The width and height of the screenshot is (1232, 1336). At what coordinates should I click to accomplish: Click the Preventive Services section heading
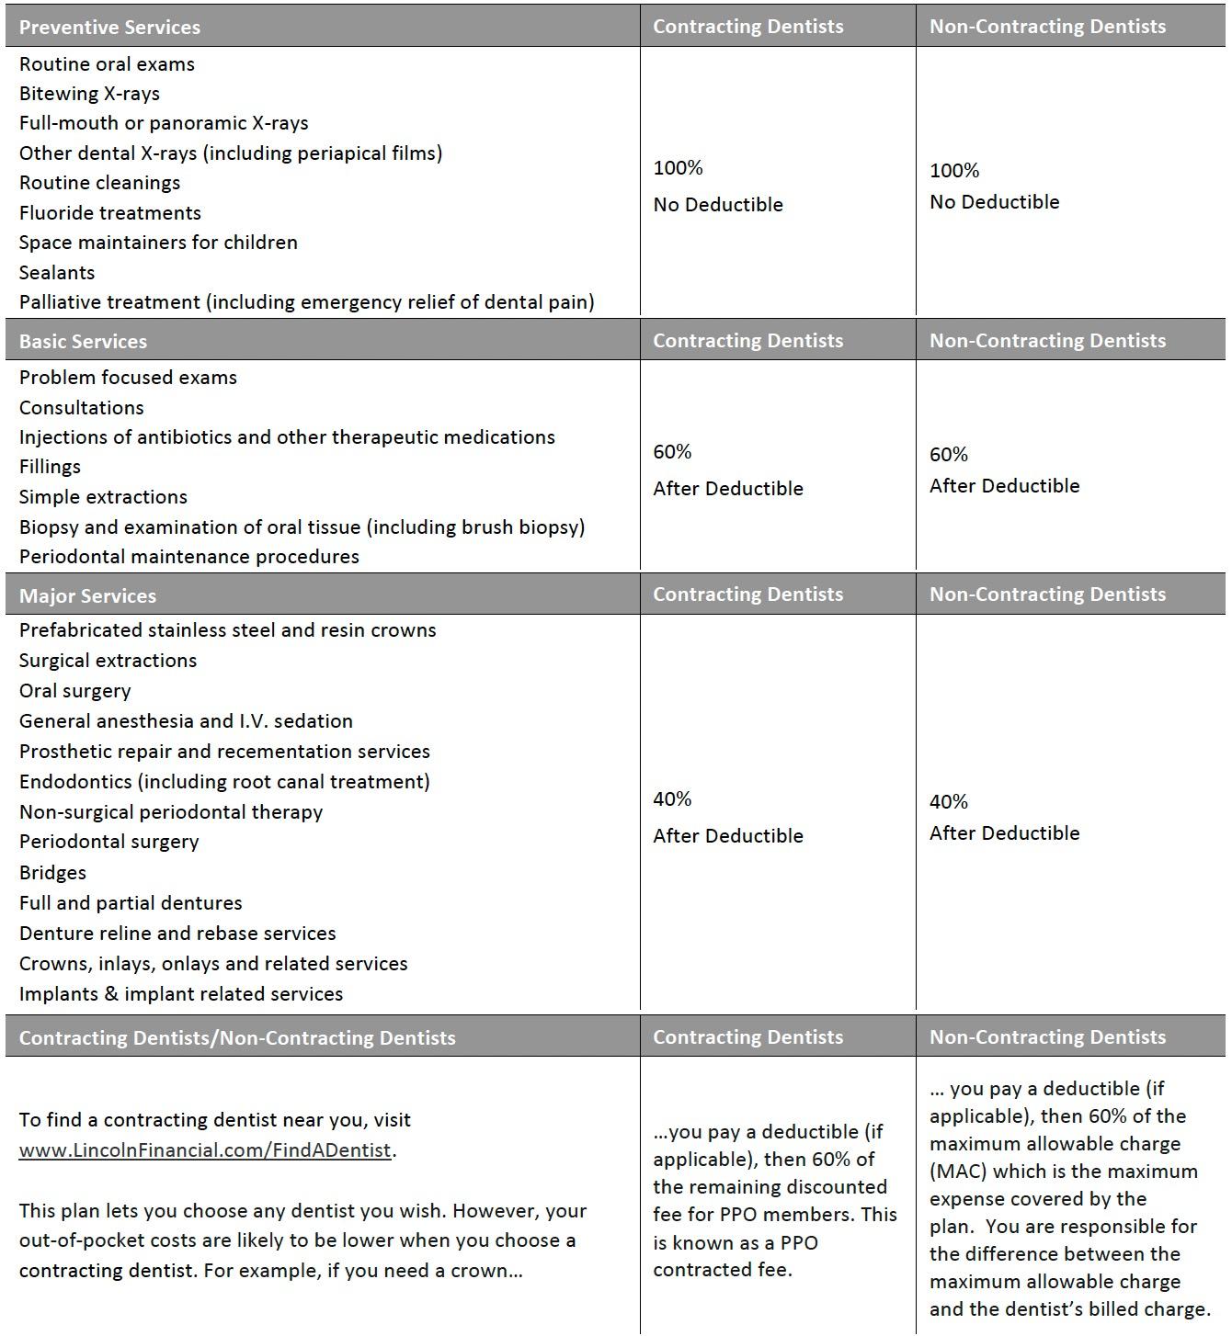[x=109, y=27]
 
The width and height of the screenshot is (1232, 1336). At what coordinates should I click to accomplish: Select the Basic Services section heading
[x=83, y=341]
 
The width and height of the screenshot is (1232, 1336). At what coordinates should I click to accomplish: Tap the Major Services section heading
[x=87, y=595]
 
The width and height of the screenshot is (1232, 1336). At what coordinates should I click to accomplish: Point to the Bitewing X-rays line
[x=89, y=94]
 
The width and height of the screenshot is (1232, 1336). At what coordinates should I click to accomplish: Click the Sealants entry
[x=57, y=272]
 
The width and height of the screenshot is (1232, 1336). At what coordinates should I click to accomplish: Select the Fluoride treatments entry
[x=109, y=212]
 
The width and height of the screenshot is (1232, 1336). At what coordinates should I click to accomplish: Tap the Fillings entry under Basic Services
[x=50, y=467]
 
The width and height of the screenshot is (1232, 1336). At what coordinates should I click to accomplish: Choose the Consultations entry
[x=81, y=407]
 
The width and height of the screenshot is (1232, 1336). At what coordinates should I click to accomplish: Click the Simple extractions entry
[x=103, y=497]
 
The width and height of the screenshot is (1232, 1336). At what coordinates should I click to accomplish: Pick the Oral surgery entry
[x=74, y=691]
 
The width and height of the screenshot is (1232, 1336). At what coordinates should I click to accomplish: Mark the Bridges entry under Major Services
[x=52, y=872]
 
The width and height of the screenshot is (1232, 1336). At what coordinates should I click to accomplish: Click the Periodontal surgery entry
[x=108, y=842]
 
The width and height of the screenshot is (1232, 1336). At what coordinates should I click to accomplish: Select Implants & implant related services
[x=181, y=993]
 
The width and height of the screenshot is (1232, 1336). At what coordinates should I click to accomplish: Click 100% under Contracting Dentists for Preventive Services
[x=678, y=168]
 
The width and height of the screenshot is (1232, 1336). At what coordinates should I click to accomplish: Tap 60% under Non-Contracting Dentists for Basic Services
[x=949, y=455]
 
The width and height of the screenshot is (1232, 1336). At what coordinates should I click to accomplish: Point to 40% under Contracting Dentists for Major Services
[x=672, y=799]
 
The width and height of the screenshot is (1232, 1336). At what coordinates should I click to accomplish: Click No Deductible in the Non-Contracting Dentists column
[x=994, y=202]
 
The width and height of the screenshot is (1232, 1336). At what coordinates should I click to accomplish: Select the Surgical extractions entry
[x=108, y=661]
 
